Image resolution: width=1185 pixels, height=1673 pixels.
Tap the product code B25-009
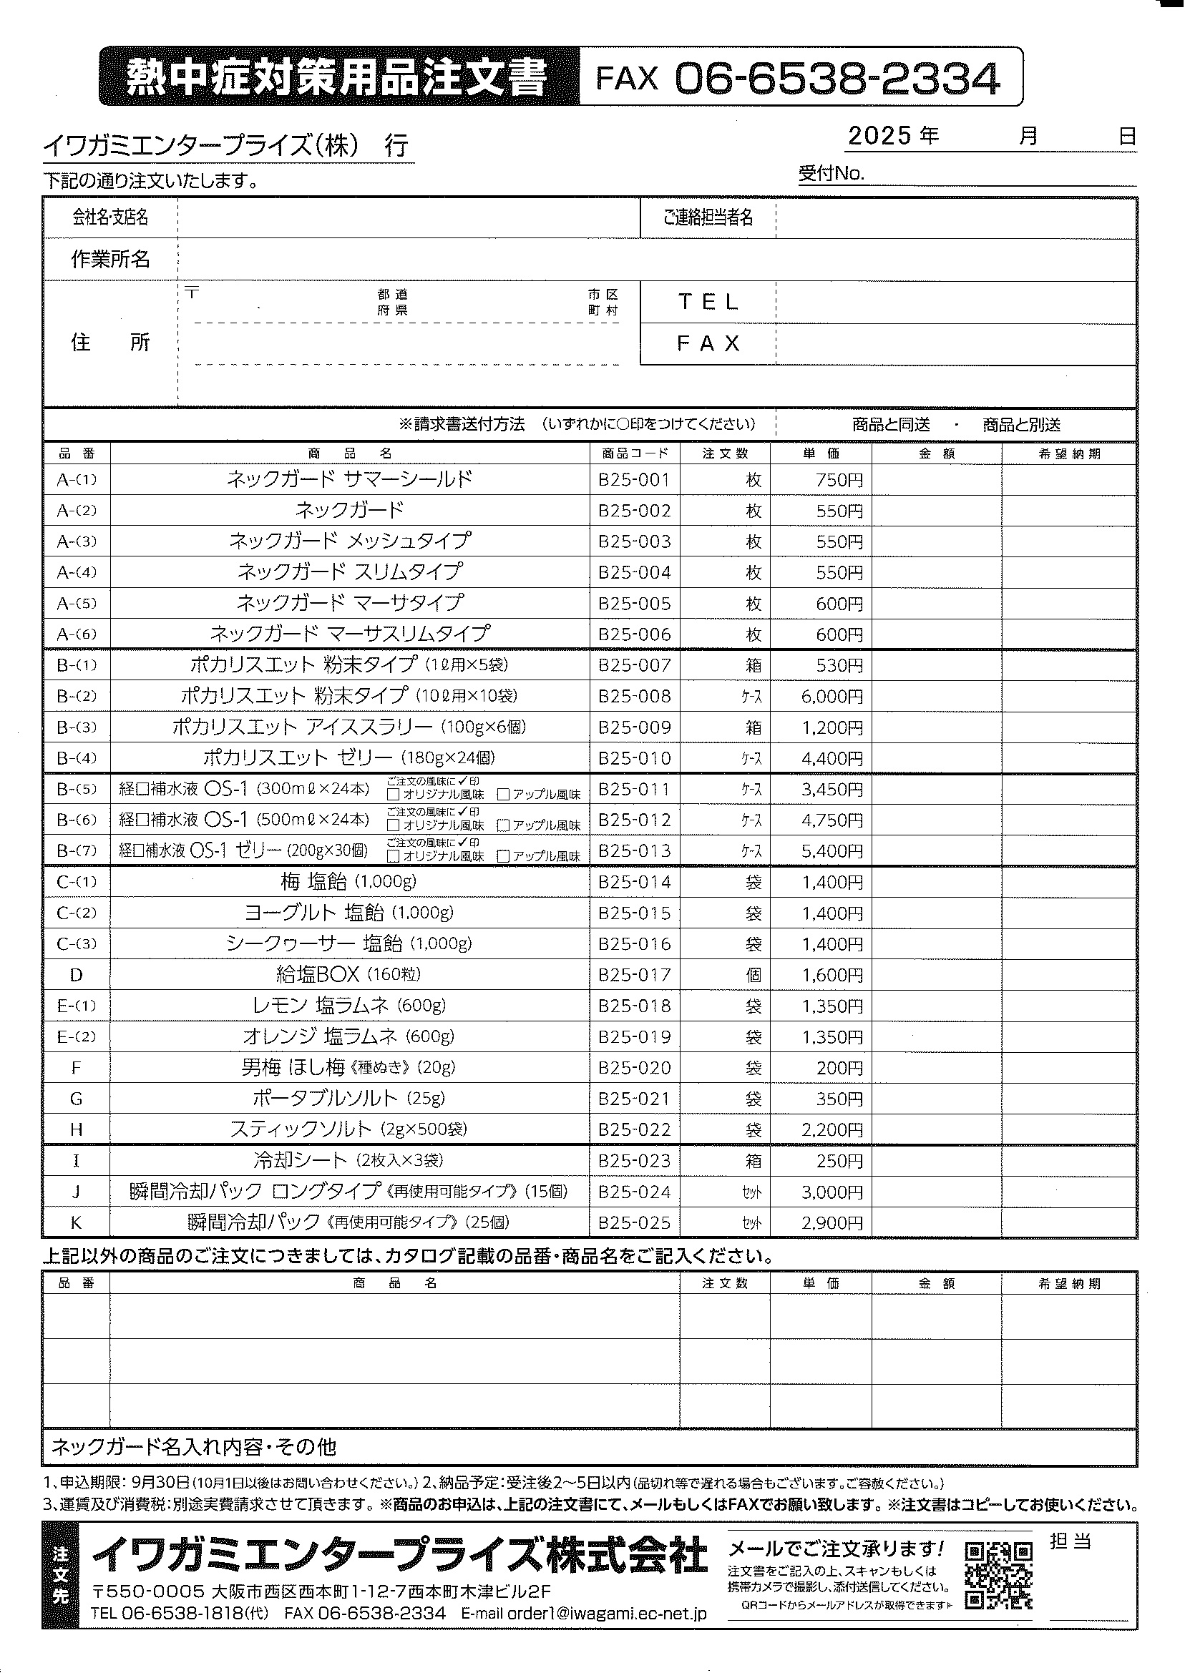[634, 728]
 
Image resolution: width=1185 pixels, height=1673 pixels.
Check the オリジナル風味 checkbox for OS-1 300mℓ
[394, 795]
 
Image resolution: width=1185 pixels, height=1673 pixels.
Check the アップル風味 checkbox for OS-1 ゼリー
[503, 857]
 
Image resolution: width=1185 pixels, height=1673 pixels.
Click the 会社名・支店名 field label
[110, 217]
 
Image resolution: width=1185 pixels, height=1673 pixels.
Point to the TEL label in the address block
[708, 302]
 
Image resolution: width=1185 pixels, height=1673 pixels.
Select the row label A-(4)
[77, 572]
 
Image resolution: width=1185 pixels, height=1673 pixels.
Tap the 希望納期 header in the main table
[1069, 453]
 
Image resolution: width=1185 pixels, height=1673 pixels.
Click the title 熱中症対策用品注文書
[336, 77]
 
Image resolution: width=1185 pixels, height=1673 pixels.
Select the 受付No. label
[831, 174]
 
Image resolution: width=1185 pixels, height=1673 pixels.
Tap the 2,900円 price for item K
[832, 1223]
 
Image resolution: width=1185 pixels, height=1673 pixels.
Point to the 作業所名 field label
[110, 260]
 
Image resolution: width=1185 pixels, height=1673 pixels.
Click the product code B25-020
[634, 1069]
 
